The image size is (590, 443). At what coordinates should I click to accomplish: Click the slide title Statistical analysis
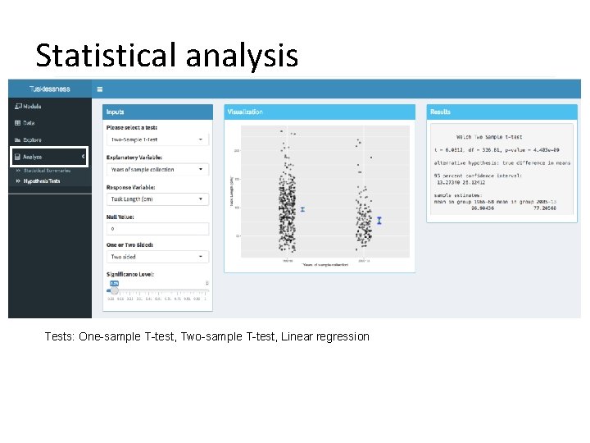(166, 55)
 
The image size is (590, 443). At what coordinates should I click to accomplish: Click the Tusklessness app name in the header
(49, 89)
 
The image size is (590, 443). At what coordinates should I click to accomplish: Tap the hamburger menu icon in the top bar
(100, 89)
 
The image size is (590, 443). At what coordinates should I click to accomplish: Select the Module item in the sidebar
(33, 106)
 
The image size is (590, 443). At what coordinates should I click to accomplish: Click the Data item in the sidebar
(29, 123)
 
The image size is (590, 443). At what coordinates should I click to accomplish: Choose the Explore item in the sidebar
(32, 139)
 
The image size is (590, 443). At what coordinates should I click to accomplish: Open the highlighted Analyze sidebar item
(33, 157)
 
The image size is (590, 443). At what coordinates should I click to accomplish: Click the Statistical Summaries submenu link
(47, 171)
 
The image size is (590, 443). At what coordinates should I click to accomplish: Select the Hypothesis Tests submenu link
(42, 180)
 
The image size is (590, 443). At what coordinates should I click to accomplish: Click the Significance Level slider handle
(114, 290)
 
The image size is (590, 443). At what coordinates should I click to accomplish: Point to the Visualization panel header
(320, 112)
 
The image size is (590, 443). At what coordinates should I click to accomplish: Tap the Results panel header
(501, 112)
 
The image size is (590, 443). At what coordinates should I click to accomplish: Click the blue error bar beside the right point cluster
(379, 220)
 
